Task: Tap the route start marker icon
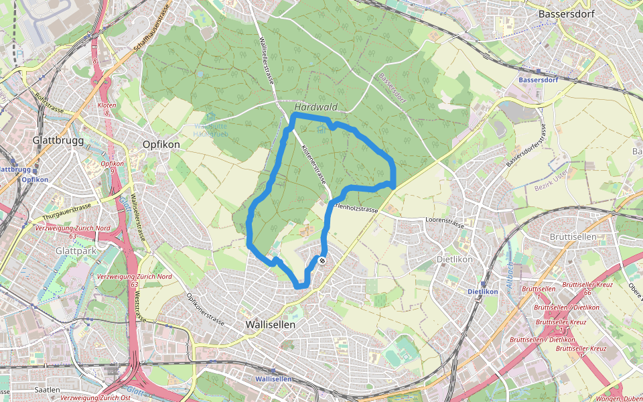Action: [322, 261]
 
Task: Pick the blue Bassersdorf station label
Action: [539, 80]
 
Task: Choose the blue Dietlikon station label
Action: [482, 291]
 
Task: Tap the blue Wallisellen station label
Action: [273, 379]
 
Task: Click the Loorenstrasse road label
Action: [445, 220]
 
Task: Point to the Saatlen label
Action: [48, 389]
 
